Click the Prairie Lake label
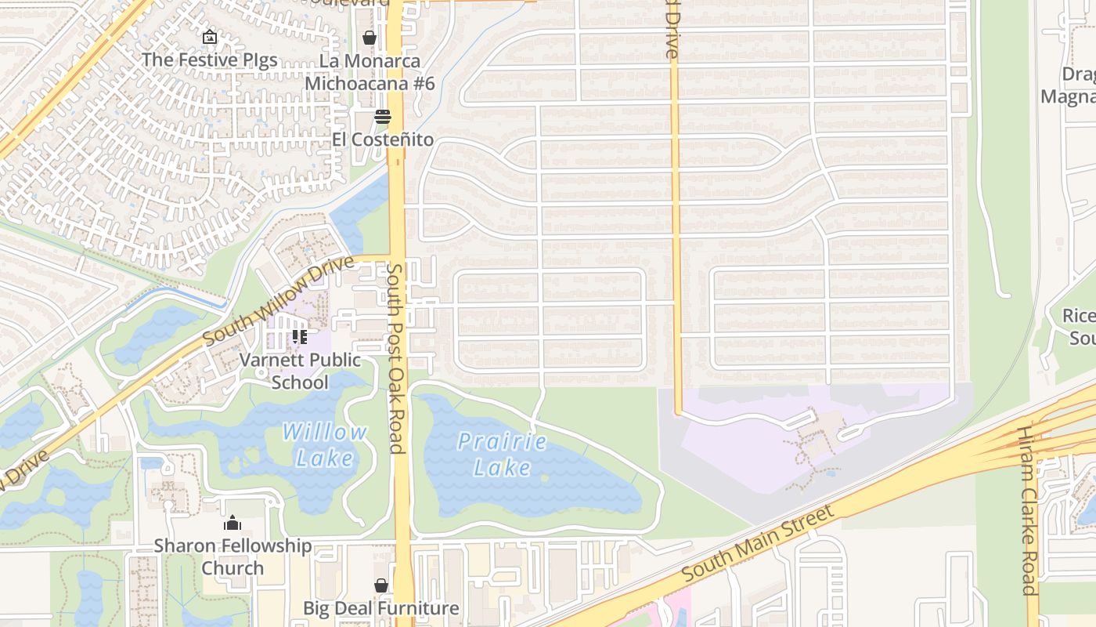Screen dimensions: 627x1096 (502, 455)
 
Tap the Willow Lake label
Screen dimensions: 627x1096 (324, 444)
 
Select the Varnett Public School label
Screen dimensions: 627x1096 (300, 371)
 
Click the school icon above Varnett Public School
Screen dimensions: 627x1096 (300, 337)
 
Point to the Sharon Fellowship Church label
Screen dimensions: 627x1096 (233, 556)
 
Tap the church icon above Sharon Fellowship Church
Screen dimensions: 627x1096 (233, 523)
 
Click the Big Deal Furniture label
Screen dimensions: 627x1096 (380, 608)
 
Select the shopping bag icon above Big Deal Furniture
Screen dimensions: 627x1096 (380, 585)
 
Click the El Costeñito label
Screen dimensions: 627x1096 (382, 140)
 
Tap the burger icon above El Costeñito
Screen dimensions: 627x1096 (382, 117)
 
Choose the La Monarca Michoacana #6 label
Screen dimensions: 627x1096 (370, 72)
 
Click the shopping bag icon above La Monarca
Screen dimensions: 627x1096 (370, 38)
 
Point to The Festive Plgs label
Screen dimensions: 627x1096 (209, 60)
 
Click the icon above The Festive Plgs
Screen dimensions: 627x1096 (209, 37)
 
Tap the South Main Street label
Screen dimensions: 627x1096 (757, 543)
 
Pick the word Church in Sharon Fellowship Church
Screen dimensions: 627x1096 (233, 567)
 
